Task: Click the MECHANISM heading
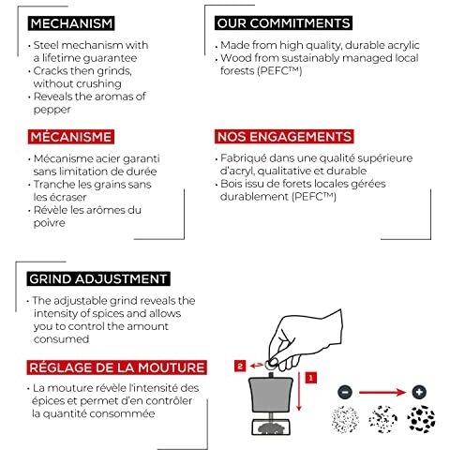click(71, 23)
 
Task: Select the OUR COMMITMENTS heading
click(283, 23)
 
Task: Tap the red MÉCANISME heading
click(71, 137)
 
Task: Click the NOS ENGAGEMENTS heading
click(284, 137)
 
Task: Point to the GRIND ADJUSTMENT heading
click(98, 278)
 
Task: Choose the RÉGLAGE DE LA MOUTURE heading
click(117, 367)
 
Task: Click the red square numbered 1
click(310, 378)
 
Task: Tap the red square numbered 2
click(240, 366)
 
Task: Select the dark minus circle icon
click(345, 392)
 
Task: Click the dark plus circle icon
click(419, 392)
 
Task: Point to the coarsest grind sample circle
click(421, 419)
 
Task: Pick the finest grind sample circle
click(345, 419)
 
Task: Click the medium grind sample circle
click(382, 419)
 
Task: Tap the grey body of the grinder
click(271, 394)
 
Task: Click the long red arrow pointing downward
click(299, 391)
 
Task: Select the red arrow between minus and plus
click(382, 392)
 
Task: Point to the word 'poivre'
click(50, 223)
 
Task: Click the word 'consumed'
click(62, 339)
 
